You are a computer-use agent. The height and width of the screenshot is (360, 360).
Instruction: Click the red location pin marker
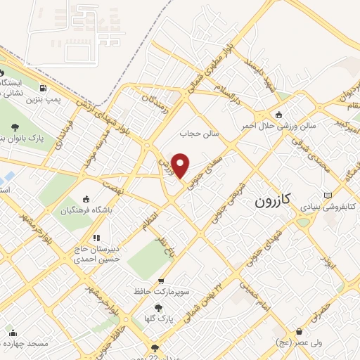[x=181, y=165]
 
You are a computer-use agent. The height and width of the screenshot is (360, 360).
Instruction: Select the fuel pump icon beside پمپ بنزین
[x=44, y=89]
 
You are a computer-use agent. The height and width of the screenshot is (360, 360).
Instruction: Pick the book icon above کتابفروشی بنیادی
[x=328, y=195]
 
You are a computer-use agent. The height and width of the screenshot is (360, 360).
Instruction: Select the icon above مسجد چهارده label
[x=13, y=333]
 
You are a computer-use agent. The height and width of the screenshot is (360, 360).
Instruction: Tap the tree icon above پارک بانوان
[x=15, y=127]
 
